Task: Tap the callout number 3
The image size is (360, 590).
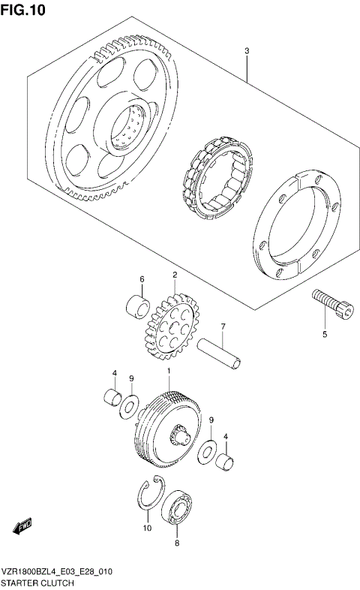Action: [246, 51]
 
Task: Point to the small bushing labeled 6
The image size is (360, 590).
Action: [136, 308]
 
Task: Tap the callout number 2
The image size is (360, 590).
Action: [174, 275]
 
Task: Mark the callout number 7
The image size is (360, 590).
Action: [222, 326]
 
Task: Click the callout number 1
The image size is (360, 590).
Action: [169, 372]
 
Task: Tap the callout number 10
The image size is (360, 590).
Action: [147, 528]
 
